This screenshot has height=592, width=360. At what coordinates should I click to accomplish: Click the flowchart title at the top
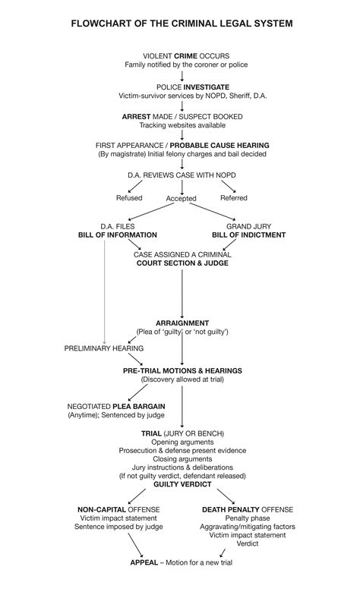click(181, 24)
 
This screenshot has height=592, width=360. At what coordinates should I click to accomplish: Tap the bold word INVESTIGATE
click(204, 87)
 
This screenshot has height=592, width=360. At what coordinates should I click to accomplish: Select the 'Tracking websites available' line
click(181, 124)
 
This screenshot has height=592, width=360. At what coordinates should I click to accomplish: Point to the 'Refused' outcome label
click(128, 198)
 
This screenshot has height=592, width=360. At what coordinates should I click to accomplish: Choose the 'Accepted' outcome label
click(181, 199)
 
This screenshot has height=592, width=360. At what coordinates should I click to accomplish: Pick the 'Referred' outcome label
click(233, 198)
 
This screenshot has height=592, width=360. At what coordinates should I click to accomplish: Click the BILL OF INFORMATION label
click(117, 235)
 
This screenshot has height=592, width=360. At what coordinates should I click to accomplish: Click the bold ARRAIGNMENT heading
click(182, 323)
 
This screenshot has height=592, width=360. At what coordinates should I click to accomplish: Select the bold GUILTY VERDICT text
click(182, 483)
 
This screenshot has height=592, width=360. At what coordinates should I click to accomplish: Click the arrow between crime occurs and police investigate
click(182, 76)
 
